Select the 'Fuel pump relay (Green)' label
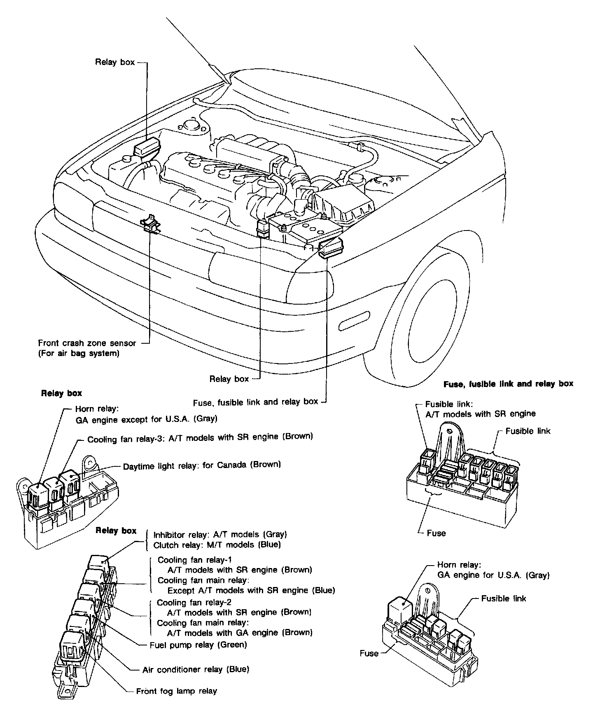[x=198, y=645]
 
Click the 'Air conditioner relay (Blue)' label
[x=196, y=670]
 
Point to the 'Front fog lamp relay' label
[x=176, y=691]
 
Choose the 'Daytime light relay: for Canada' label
[x=202, y=465]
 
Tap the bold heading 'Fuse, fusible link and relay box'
[x=508, y=384]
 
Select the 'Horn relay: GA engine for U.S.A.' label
[x=493, y=570]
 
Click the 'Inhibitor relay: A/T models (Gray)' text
[x=220, y=534]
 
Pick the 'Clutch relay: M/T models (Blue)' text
[x=217, y=545]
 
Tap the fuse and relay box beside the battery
[x=330, y=248]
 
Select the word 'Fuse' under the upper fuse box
[x=436, y=533]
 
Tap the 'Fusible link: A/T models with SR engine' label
[x=480, y=409]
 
